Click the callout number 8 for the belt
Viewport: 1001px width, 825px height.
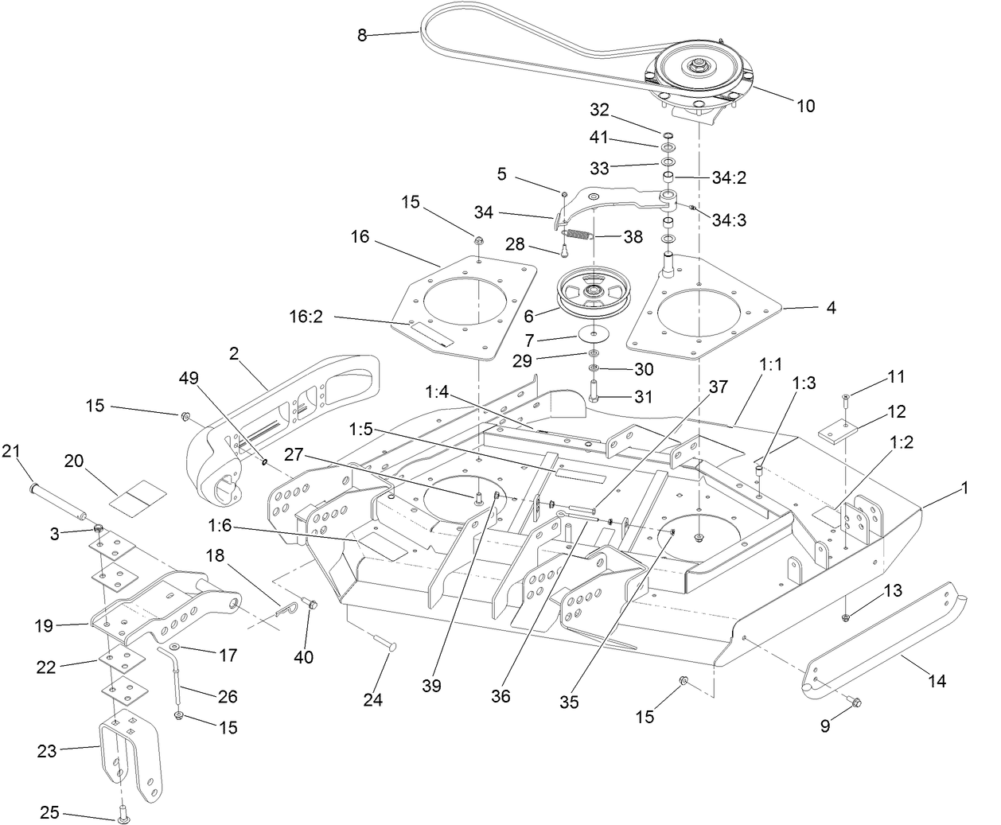click(x=362, y=35)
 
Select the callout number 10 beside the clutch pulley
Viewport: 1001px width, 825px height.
click(x=805, y=106)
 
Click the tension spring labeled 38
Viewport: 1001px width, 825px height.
click(x=578, y=234)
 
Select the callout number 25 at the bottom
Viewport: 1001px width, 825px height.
click(x=49, y=812)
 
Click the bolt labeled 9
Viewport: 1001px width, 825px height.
click(x=855, y=702)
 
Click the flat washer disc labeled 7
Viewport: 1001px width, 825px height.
click(x=594, y=333)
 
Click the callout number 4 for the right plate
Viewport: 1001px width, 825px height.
click(x=831, y=306)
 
